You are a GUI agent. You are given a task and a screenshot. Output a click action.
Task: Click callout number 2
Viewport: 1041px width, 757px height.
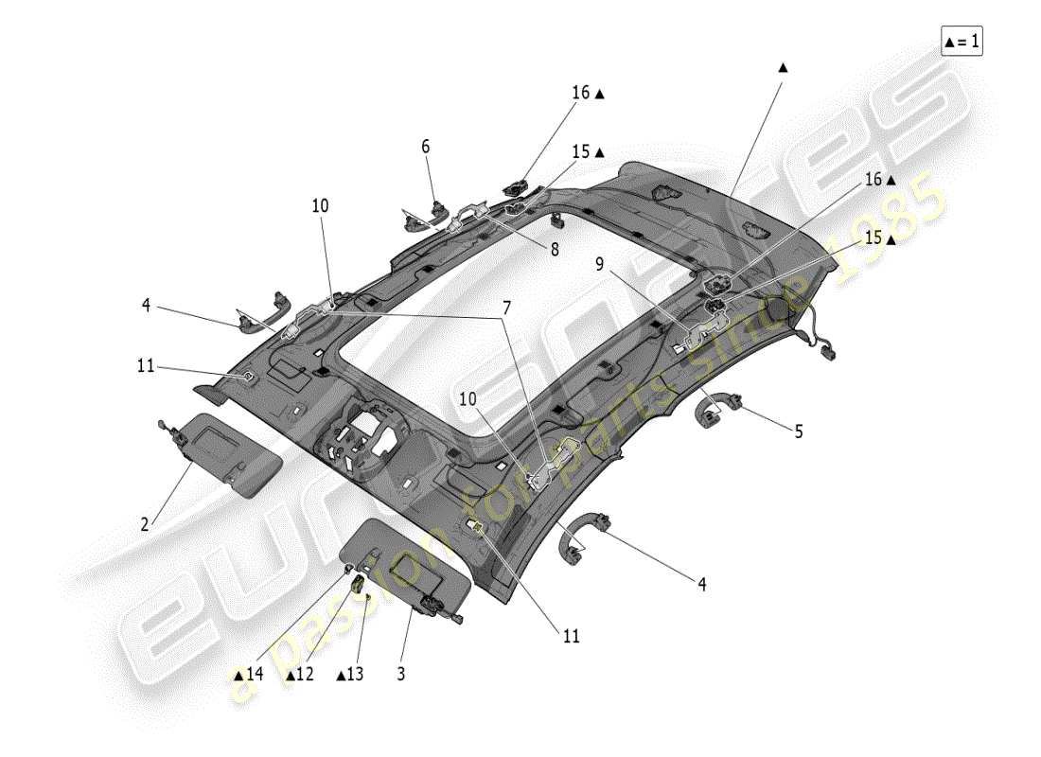coord(145,523)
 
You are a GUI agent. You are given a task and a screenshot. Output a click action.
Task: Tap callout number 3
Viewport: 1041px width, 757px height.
coord(400,675)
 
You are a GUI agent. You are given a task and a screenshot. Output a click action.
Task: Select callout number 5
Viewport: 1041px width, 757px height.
coord(798,431)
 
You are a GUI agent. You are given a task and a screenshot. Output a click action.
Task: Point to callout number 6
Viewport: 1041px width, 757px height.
coord(425,147)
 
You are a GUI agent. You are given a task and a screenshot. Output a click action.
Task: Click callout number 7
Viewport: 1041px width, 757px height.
coord(506,308)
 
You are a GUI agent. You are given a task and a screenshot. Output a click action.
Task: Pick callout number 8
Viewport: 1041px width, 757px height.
coord(555,250)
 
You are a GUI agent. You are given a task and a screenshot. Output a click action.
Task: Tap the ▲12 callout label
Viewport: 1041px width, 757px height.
coord(299,675)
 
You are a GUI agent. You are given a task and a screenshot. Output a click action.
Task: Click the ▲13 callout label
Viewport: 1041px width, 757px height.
coord(349,675)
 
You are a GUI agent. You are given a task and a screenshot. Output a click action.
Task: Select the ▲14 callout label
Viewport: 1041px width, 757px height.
coord(248,675)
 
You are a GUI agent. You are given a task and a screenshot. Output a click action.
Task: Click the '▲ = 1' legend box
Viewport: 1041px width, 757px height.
coord(962,42)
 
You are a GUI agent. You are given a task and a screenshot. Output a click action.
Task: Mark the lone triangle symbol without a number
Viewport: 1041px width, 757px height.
coord(782,67)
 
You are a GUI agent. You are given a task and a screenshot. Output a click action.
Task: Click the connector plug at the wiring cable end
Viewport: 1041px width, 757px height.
coord(834,354)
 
